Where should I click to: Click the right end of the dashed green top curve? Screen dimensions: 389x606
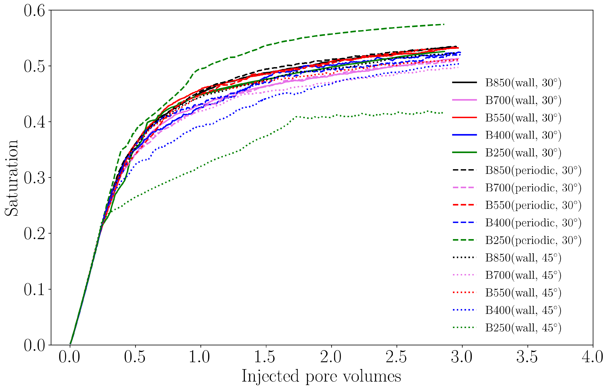coord(444,24)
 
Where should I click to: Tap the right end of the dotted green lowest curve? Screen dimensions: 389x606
coord(442,113)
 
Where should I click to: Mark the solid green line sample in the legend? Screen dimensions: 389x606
coord(464,152)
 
